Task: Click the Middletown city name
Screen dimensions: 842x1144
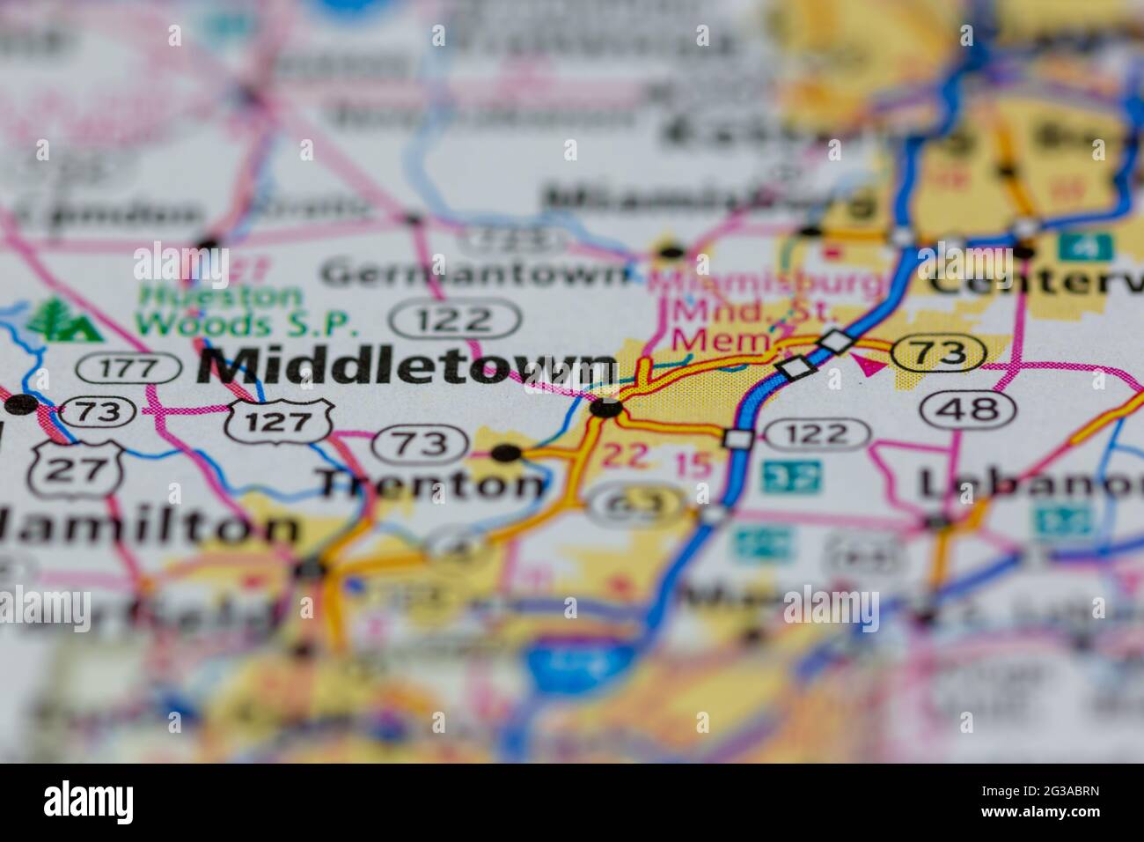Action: (x=407, y=366)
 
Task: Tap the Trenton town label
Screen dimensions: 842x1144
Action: (x=431, y=484)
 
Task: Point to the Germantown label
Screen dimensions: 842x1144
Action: (x=475, y=274)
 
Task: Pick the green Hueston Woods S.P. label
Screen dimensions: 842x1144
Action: (x=246, y=311)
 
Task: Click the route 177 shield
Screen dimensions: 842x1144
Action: (x=128, y=368)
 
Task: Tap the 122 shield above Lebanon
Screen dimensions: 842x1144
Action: (x=817, y=433)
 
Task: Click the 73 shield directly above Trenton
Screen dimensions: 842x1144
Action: (x=419, y=444)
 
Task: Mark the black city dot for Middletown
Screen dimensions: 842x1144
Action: (x=606, y=408)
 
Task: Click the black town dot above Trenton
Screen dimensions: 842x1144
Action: (x=506, y=454)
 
